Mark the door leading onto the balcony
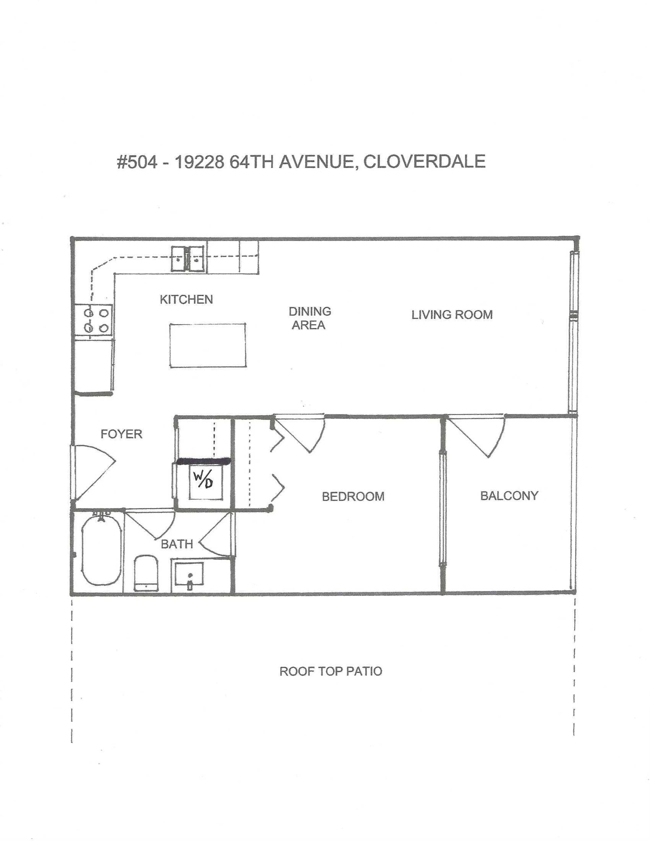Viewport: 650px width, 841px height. point(478,435)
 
